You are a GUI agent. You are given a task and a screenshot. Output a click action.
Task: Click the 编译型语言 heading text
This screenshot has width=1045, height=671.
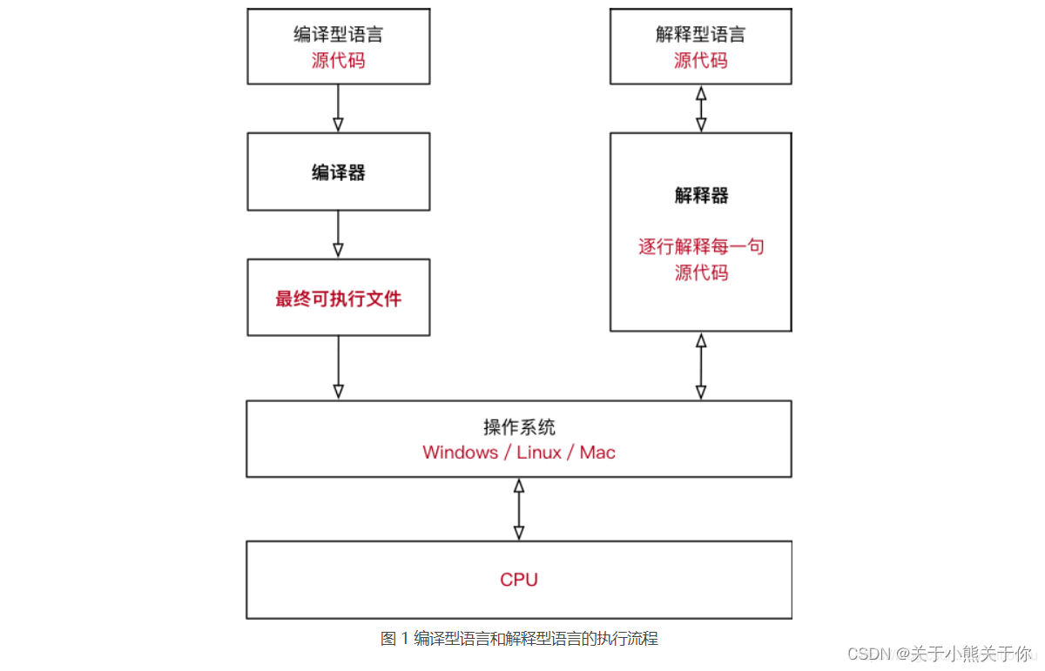point(338,35)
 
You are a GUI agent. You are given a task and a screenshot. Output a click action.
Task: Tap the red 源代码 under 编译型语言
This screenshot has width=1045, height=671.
point(338,61)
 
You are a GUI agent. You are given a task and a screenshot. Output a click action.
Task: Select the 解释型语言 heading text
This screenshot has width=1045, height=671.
point(700,35)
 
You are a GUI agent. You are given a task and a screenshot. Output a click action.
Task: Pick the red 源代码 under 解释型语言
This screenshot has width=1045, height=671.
point(700,61)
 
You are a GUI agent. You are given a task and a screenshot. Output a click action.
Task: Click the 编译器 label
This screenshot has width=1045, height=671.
point(338,172)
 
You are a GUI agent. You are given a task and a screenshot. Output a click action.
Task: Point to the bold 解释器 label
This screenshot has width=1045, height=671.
point(700,196)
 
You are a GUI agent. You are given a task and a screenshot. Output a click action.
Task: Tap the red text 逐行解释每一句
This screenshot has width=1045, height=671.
point(700,247)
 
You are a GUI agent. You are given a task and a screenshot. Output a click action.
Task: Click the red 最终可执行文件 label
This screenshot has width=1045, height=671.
point(338,299)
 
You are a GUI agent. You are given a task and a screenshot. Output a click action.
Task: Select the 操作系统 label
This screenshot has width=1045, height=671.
point(519,427)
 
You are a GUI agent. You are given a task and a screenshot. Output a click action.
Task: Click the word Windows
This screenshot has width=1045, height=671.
point(460,453)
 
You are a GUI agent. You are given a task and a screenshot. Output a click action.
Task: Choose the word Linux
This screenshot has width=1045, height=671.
point(539,453)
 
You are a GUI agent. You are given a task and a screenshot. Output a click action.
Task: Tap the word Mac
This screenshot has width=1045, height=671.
point(597,453)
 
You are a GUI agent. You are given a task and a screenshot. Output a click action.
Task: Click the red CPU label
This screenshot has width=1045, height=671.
point(519,580)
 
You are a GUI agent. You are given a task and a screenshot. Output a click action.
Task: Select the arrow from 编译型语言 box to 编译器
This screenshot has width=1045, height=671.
point(338,109)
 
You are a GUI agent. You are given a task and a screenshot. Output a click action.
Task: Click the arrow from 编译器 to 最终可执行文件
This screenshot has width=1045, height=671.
point(338,235)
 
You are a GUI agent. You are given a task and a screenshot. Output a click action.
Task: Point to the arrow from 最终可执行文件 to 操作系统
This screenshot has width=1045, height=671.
point(338,368)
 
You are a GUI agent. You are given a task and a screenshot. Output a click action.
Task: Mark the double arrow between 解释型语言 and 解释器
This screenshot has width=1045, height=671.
point(700,109)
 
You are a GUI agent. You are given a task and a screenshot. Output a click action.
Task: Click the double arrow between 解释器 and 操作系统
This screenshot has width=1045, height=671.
point(700,366)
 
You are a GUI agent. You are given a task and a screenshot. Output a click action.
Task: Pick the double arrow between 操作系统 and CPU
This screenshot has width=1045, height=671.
point(519,509)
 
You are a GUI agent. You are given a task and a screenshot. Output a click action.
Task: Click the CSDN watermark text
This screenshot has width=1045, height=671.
point(939,654)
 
